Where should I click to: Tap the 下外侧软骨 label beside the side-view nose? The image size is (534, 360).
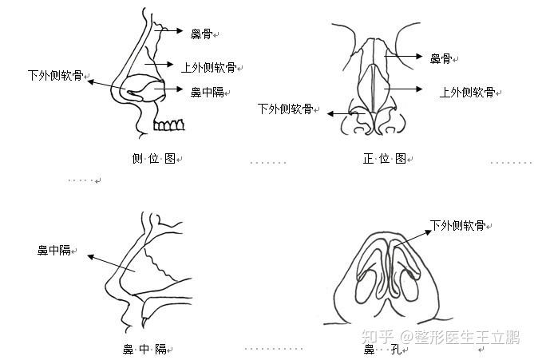55,76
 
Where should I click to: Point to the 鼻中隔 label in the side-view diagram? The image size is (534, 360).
207,92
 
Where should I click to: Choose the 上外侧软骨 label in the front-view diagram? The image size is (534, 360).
467,91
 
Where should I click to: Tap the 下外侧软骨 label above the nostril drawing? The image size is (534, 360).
457,226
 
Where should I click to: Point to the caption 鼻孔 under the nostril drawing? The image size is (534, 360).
380,350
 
